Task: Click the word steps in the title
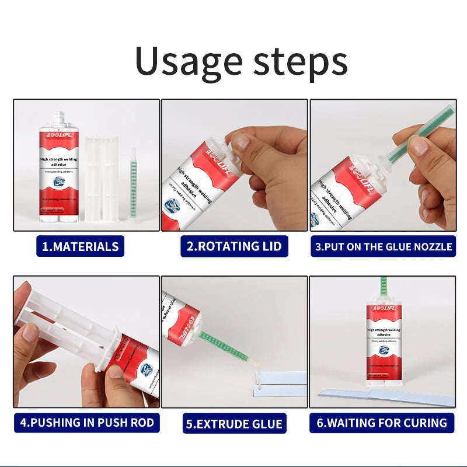click(297, 62)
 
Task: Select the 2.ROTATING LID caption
click(233, 246)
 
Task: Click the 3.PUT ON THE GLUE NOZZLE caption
click(384, 246)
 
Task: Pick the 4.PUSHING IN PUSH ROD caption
click(86, 422)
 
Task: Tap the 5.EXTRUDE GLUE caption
click(233, 423)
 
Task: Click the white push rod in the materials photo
click(102, 179)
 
